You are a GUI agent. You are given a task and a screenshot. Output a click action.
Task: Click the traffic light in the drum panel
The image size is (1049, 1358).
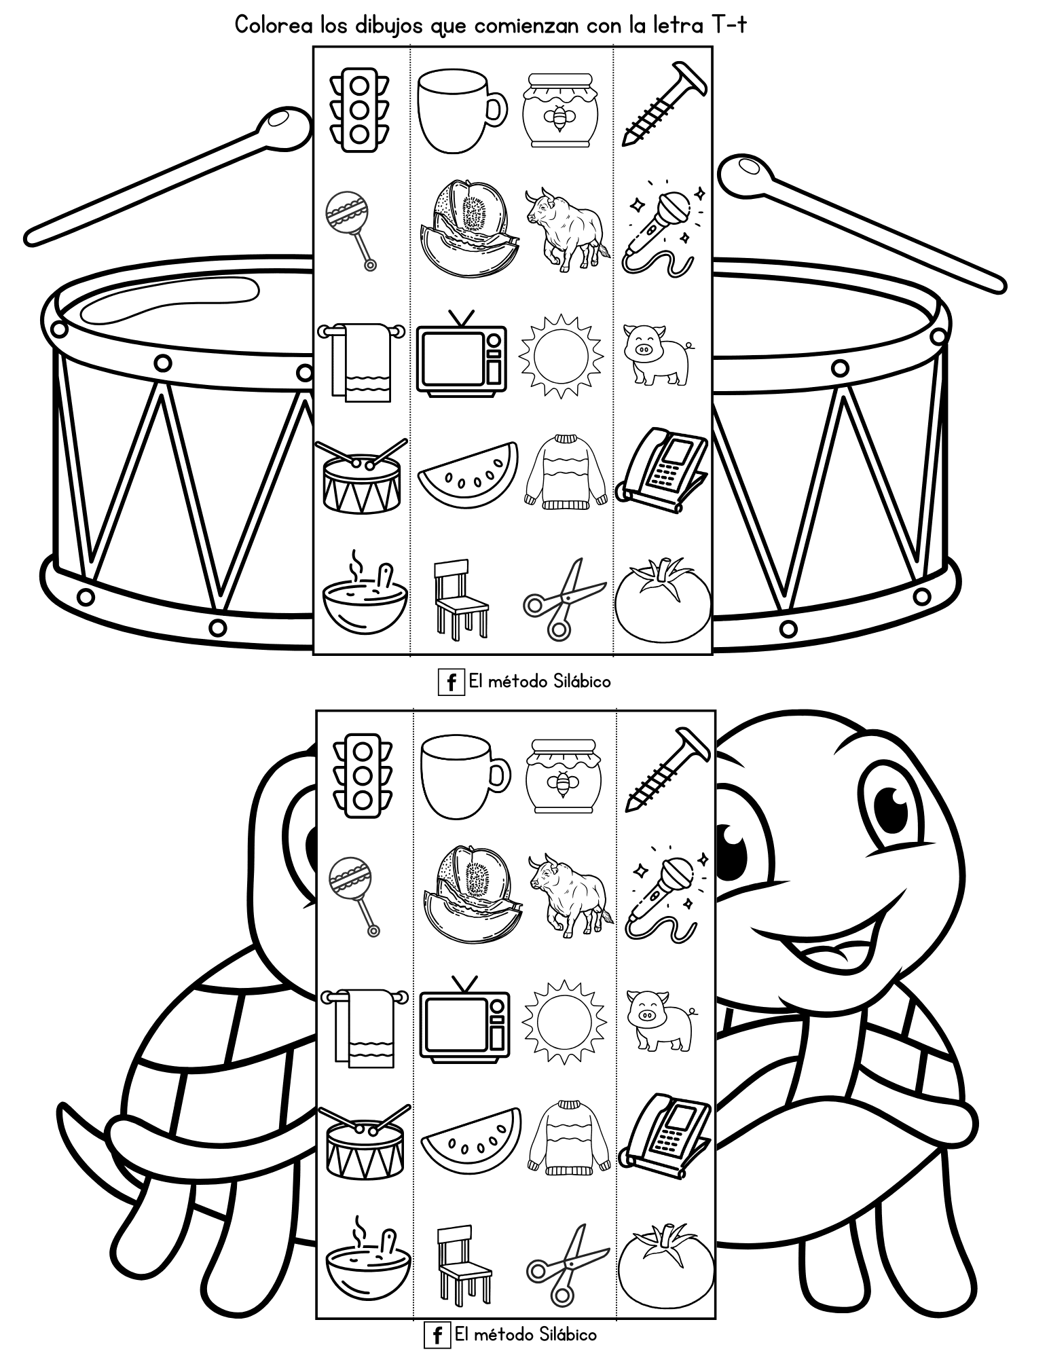360,109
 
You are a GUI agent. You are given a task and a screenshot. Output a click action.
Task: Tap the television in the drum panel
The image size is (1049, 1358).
462,352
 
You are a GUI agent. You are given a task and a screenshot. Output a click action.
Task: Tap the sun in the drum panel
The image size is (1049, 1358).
562,355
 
